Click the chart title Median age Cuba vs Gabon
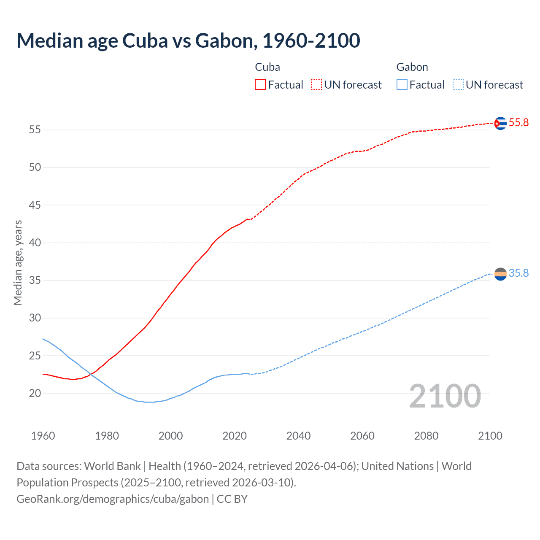pos(188,40)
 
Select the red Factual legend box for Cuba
pos(260,84)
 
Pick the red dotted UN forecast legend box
pos(316,84)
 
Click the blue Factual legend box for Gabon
pos(402,84)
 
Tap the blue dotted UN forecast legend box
pos(458,84)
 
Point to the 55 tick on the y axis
pos(35,130)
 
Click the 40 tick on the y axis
pos(35,243)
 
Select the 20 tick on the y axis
pos(35,393)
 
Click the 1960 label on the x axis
pos(43,436)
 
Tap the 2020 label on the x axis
pos(235,436)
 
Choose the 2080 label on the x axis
pos(426,436)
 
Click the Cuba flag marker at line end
pos(500,123)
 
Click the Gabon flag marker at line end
pos(500,274)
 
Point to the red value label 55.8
pos(518,123)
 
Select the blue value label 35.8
pos(518,273)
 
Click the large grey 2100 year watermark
pos(445,396)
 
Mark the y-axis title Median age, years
pos(18,262)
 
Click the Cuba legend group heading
pos(267,67)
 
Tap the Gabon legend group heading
pos(412,67)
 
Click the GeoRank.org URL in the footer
pos(113,499)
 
